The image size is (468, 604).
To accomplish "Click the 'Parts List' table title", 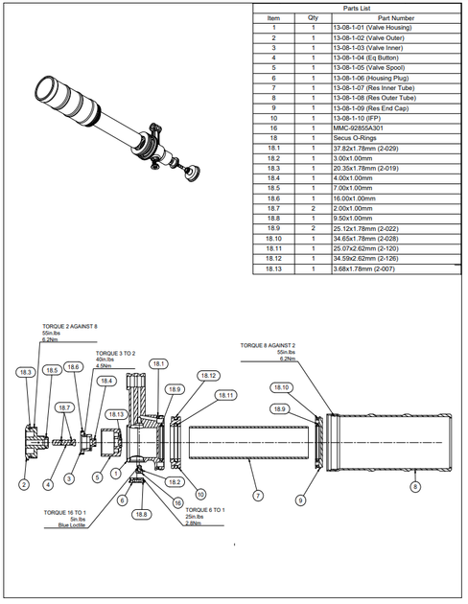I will pos(357,8).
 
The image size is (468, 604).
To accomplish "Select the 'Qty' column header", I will pos(313,17).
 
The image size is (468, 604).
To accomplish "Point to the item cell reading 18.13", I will pos(273,269).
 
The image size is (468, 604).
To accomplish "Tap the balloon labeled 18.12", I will pos(208,376).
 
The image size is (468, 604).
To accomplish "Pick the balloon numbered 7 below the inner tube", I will pos(256,496).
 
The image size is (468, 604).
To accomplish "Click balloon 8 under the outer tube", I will pos(415,486).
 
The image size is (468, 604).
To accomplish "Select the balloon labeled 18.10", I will pos(281,387).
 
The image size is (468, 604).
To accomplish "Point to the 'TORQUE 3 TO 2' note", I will pos(115,354).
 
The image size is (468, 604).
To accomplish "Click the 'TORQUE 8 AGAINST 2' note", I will pos(268,344).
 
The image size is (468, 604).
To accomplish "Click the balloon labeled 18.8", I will pos(142,515).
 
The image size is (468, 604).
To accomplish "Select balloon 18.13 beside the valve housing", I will pos(116,414).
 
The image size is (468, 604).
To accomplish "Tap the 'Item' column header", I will pos(273,17).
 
